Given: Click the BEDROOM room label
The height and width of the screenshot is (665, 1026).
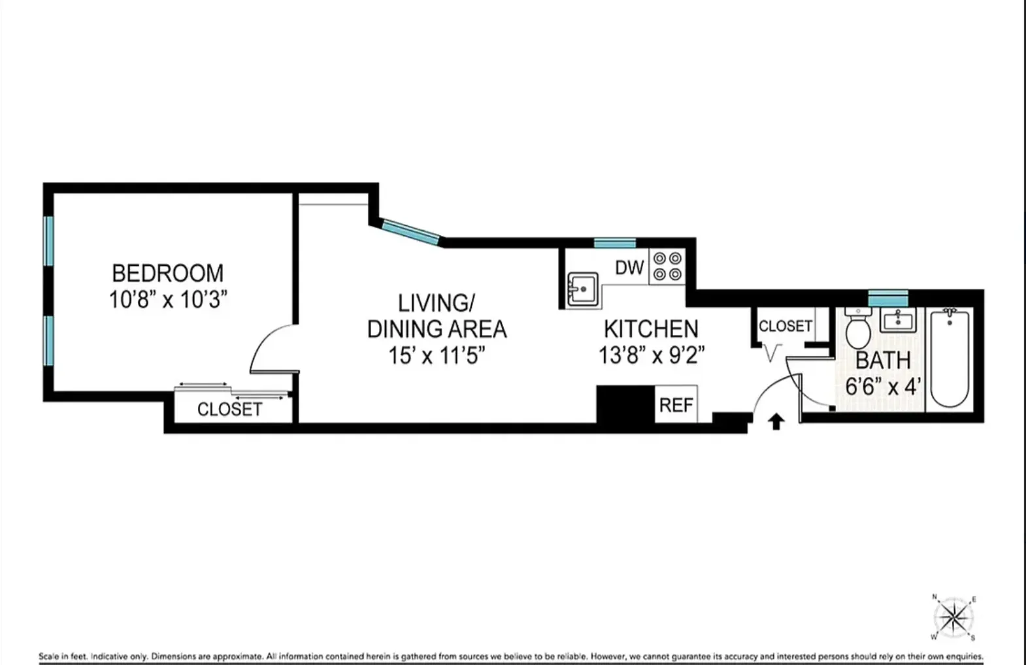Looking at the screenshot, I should pyautogui.click(x=167, y=272).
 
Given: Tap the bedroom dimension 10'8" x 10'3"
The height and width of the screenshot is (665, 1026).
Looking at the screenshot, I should pyautogui.click(x=167, y=300).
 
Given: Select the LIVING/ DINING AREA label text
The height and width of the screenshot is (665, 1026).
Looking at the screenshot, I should pyautogui.click(x=437, y=316).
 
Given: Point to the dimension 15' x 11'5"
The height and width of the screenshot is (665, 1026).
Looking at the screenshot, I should pyautogui.click(x=437, y=356).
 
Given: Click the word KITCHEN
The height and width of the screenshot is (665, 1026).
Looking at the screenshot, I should pyautogui.click(x=650, y=329).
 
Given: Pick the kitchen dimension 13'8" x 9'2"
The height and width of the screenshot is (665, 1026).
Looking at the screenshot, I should pyautogui.click(x=652, y=355).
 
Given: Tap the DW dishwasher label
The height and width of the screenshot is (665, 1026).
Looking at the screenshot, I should pyautogui.click(x=629, y=267).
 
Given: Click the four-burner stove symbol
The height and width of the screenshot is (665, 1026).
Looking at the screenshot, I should pyautogui.click(x=667, y=267).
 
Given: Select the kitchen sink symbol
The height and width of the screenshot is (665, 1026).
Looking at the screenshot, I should pyautogui.click(x=582, y=288).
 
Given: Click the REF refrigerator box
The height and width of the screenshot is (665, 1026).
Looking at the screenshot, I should pyautogui.click(x=676, y=405).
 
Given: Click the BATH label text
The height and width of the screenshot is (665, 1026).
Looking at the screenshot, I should pyautogui.click(x=883, y=360).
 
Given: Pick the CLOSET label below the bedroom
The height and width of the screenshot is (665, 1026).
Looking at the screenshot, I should pyautogui.click(x=229, y=410).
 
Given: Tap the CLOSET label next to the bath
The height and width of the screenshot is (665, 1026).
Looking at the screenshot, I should pyautogui.click(x=785, y=326).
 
